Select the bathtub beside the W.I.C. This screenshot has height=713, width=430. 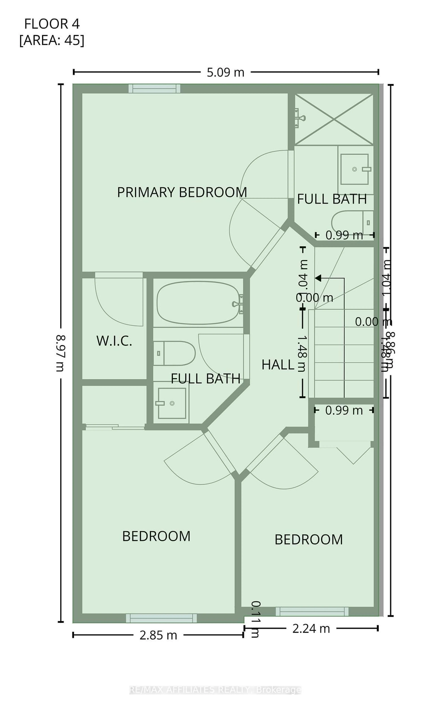pyautogui.click(x=198, y=303)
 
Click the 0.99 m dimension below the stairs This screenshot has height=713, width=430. pyautogui.click(x=344, y=410)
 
